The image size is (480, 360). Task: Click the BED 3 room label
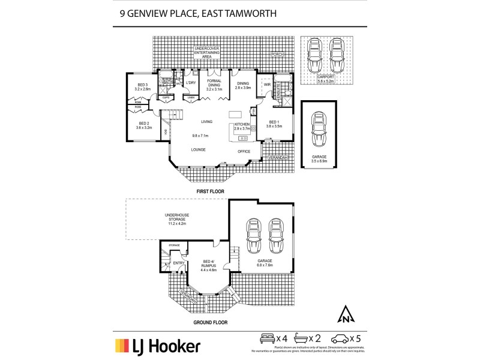(x=143, y=86)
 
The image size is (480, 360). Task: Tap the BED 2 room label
(x=143, y=124)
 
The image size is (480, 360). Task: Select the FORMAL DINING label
(x=214, y=83)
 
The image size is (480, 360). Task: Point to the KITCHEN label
(x=242, y=124)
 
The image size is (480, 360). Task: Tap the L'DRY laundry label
(x=191, y=82)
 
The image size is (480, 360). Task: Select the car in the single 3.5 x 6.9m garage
(x=319, y=130)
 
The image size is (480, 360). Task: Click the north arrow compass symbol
(x=346, y=313)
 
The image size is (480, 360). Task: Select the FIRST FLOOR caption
(x=210, y=190)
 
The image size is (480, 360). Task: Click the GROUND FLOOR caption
(x=210, y=322)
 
